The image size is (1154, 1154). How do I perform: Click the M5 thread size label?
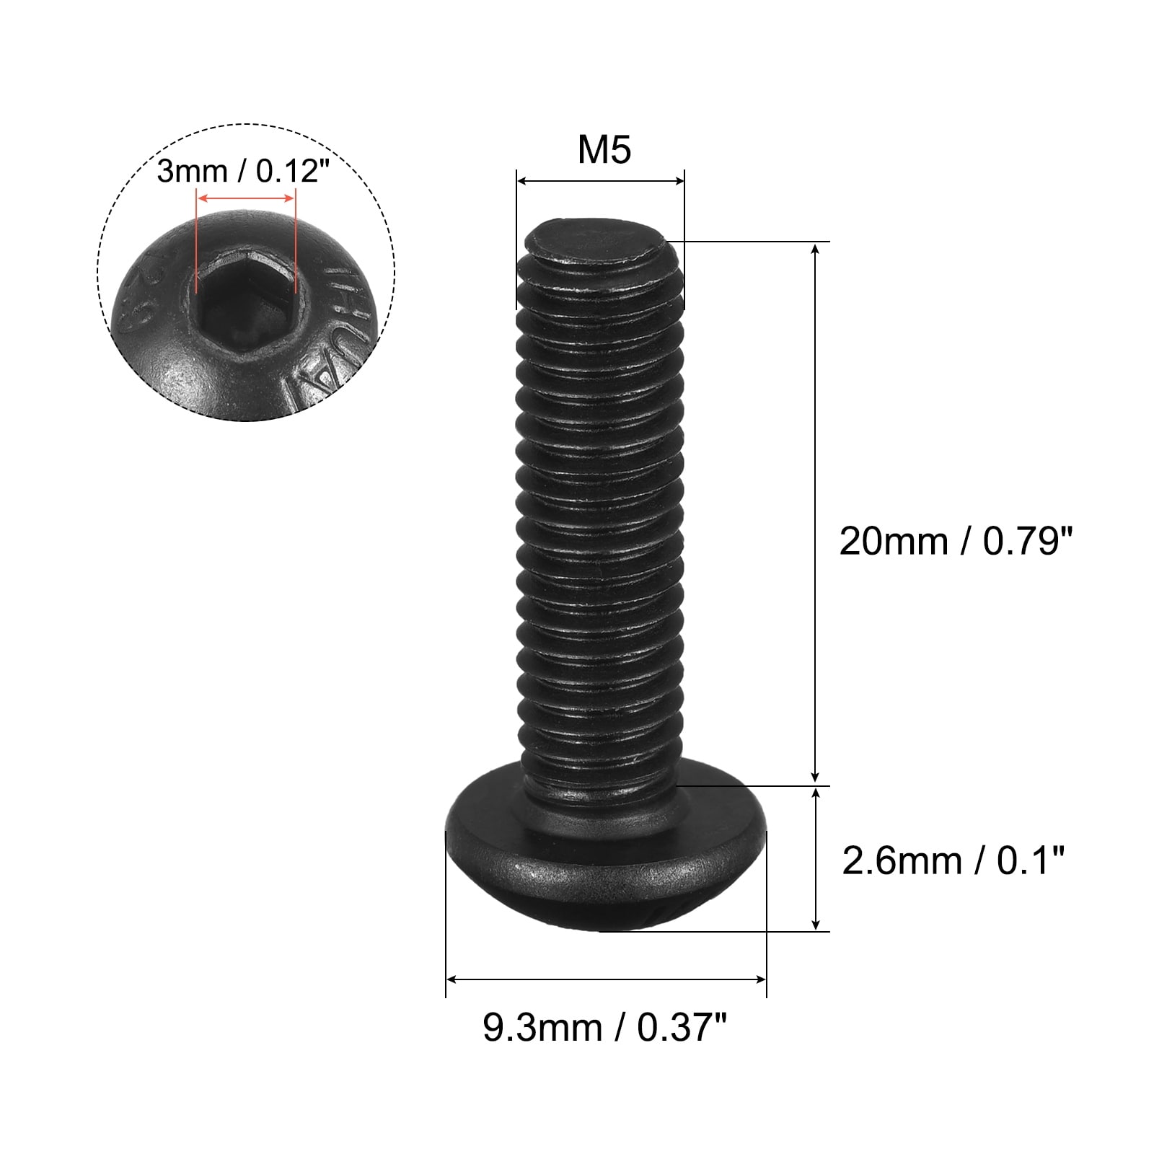604,150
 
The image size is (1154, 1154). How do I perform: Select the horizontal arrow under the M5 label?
600,182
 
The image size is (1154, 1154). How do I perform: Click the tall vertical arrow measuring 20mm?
816,513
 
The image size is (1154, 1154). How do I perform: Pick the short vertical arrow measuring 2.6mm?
816,858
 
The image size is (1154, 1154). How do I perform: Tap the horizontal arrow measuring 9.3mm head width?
606,979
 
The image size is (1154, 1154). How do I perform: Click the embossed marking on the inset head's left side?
148,296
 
